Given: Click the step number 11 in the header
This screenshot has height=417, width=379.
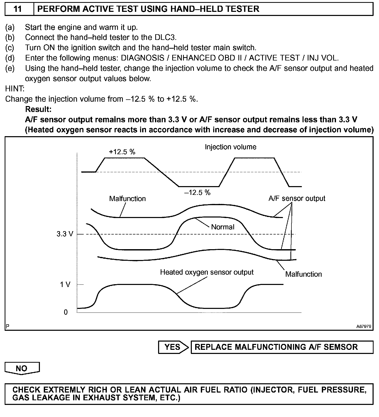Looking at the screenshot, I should pos(17,9).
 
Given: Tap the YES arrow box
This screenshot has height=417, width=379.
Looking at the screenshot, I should pos(173,347).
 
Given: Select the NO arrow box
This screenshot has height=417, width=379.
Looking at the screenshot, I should pos(22,368).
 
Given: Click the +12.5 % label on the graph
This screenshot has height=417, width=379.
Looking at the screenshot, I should pos(122,152).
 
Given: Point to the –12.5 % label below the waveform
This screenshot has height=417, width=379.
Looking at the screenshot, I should pos(197,193).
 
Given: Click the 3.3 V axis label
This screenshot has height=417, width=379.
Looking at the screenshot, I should pos(65,234).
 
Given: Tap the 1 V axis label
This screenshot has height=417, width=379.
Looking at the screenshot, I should pos(65,284).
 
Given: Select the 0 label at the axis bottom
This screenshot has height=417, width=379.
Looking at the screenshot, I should pos(66,312).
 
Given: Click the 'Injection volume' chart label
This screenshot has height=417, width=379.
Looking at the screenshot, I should pos(230,147).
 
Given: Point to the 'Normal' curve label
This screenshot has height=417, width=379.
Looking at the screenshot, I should pos(223,227).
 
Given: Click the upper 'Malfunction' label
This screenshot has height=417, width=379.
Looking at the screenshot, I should pos(127,199).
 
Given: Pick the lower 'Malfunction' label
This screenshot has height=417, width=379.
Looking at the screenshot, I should pos(303,274).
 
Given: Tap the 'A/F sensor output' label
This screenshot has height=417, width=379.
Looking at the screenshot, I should pos(297,198).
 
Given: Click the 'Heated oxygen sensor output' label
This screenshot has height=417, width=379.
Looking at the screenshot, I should pos(207,272).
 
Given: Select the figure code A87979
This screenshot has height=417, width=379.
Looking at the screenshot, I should pos(364,326).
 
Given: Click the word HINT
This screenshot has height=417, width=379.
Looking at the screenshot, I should pos(14,89).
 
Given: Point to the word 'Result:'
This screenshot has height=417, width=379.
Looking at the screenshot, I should pos(38,109).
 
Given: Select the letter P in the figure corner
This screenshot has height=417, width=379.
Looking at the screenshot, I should pos(7,326).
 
